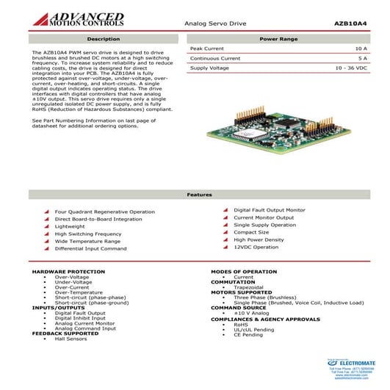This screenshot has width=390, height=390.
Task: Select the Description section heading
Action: (x=103, y=38)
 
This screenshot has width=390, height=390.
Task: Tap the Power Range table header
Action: (x=278, y=38)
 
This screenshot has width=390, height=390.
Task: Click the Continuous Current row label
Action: (x=214, y=58)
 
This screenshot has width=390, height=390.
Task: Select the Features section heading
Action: (x=199, y=195)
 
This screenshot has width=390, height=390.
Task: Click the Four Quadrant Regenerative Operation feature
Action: (x=104, y=212)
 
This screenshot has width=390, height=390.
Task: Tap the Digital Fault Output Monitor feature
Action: (x=270, y=210)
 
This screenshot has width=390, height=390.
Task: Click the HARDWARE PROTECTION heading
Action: (x=68, y=272)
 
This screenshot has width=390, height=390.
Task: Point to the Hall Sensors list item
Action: (x=71, y=339)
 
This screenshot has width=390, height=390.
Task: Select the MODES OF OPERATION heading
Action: (x=244, y=272)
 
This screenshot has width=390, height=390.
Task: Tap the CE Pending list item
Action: (x=248, y=334)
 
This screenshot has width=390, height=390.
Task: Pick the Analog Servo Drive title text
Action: (x=215, y=24)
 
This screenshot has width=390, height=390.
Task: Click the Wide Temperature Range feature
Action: (x=87, y=241)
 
